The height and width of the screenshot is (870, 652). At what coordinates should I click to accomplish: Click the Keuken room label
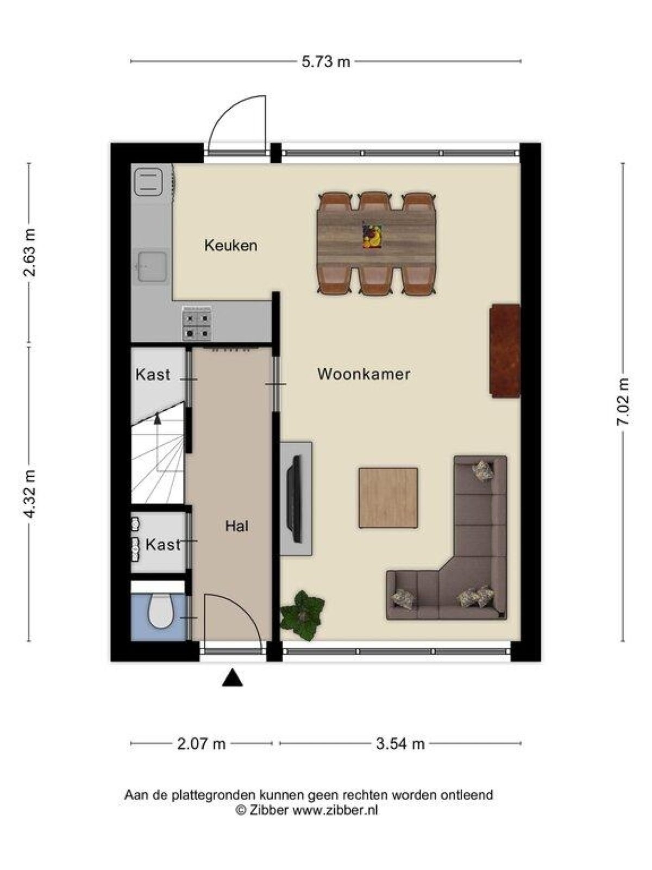click(x=230, y=245)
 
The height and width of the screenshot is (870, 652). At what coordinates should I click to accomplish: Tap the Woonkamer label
click(x=363, y=374)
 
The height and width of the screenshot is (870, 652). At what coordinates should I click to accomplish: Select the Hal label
click(x=237, y=526)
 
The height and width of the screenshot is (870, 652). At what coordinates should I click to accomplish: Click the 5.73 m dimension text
click(x=326, y=61)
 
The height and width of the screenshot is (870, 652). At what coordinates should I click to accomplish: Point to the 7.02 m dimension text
click(x=623, y=401)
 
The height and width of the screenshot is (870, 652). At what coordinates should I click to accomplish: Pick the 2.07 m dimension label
click(x=201, y=743)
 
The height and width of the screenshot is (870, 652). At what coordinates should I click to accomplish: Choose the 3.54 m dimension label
click(x=400, y=743)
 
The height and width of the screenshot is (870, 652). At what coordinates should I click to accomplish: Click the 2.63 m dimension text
click(x=29, y=252)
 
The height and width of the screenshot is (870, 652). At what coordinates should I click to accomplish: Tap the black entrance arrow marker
click(x=232, y=678)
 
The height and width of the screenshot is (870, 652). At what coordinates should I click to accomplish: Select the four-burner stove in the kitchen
click(x=197, y=325)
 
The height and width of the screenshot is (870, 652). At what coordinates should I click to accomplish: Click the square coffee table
click(x=388, y=498)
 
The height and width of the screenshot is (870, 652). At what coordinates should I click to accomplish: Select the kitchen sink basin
click(x=152, y=266)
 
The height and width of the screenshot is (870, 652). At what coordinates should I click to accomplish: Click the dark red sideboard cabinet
click(x=505, y=351)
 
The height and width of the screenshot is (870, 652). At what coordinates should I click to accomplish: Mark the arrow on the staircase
click(x=158, y=418)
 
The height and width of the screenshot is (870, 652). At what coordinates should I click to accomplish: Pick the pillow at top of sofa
click(x=482, y=470)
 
